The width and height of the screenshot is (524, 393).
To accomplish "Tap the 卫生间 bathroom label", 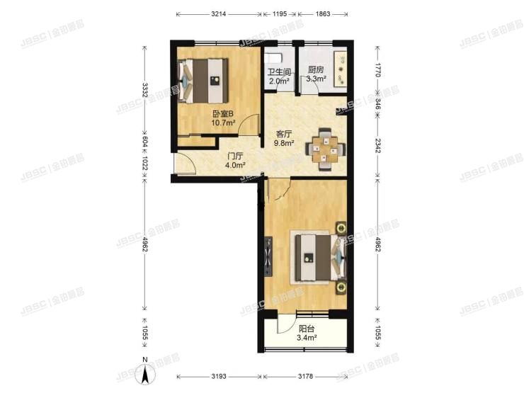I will pyautogui.click(x=278, y=71).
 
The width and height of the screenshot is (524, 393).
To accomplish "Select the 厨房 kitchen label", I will pyautogui.click(x=316, y=70).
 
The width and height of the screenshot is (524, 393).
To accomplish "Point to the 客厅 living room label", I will pyautogui.click(x=284, y=132).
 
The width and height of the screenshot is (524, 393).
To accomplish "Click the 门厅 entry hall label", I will pyautogui.click(x=235, y=156).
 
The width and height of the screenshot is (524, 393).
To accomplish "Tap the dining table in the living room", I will pyautogui.click(x=326, y=149).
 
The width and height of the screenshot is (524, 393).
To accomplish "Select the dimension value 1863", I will pyautogui.click(x=323, y=13).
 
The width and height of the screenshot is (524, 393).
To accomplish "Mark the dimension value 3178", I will pyautogui.click(x=308, y=375).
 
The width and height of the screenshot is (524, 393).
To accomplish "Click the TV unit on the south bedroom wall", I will pyautogui.click(x=268, y=258).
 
